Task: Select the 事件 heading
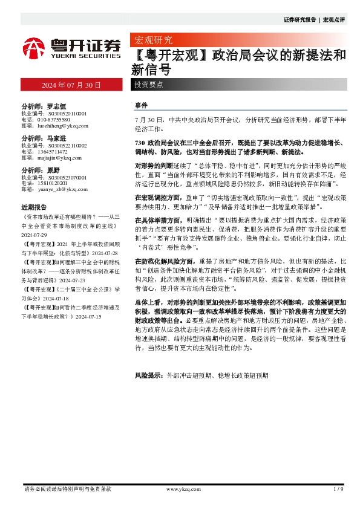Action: coord(140,105)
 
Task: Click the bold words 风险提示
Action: coord(148,375)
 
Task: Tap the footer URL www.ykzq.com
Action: coord(179,488)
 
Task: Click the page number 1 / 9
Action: coord(338,488)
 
